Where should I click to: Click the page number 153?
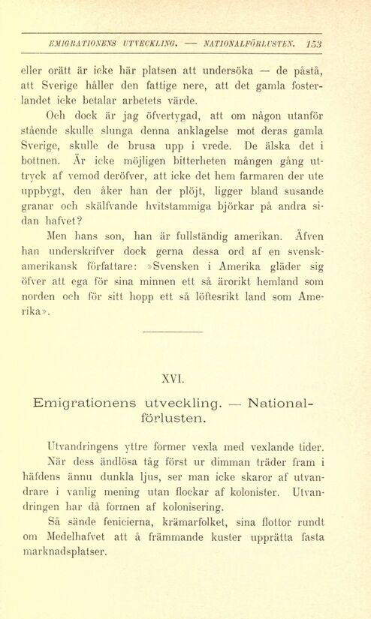314,44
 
